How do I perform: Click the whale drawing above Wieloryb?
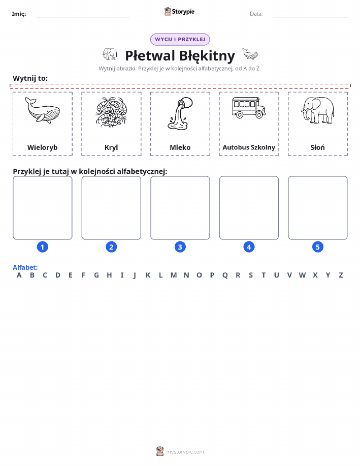coord(43,110)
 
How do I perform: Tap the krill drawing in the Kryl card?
coord(111,112)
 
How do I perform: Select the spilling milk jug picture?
coord(180,113)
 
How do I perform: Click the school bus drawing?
coord(249,108)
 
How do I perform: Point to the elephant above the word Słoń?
coord(317,110)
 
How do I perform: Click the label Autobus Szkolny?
coord(249,147)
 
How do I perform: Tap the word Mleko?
coord(180,147)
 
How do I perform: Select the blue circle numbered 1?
coord(43,247)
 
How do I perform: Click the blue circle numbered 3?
coord(180,247)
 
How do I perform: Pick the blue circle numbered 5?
coord(317,247)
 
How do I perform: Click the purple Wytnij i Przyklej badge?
coord(180,40)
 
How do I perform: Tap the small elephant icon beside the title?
coord(110,54)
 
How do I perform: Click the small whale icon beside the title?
coord(250,54)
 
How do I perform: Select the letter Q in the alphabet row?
coord(225,275)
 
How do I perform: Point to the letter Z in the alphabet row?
coord(341,275)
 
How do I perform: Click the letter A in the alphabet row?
coord(19,275)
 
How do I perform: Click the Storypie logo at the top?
coord(179,12)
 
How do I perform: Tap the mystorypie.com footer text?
coord(185,452)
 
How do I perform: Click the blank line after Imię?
coord(83,17)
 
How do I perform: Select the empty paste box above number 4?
coord(249,208)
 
